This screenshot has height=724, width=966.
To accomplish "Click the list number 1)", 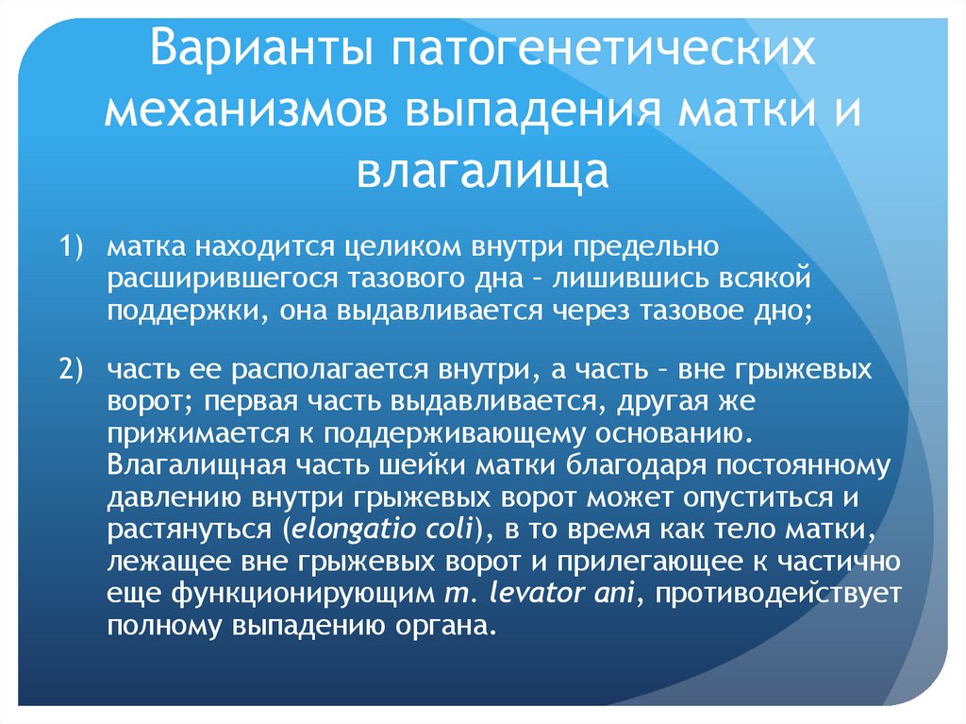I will pyautogui.click(x=73, y=247).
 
